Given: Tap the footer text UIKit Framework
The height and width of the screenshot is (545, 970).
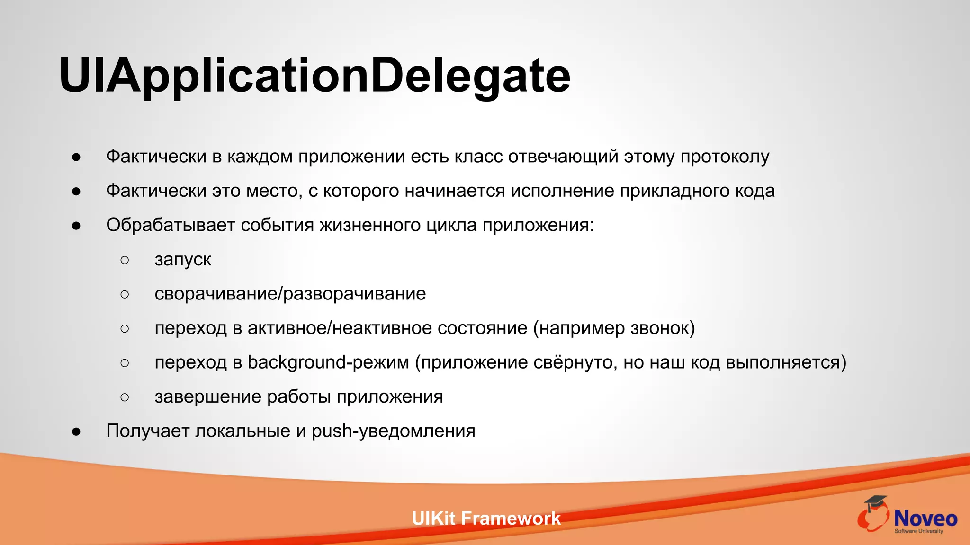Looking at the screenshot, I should point(486,519).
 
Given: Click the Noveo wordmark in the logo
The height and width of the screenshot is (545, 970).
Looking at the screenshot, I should point(925,519).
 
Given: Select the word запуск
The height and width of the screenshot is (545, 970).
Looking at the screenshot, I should point(183,260).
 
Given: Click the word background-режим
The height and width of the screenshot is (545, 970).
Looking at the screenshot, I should point(328,362).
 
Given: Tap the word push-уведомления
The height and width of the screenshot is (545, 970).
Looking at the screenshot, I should point(393,431).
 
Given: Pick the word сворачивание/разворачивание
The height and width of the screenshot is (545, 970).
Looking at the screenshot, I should point(290,294).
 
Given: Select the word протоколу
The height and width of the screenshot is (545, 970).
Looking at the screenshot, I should point(725,157).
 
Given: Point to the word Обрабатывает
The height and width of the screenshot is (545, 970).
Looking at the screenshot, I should point(171,225).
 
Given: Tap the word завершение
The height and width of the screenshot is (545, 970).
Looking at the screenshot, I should point(208,397).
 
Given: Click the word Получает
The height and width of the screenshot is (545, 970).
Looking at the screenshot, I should point(148,431).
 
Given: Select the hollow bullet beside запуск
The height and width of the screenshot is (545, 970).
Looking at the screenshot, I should point(125,260).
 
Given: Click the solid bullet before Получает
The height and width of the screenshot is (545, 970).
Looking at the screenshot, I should point(76,431).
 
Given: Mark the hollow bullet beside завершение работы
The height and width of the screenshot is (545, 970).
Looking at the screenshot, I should point(125,397).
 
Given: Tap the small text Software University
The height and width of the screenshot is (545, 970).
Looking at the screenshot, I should point(918,531).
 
